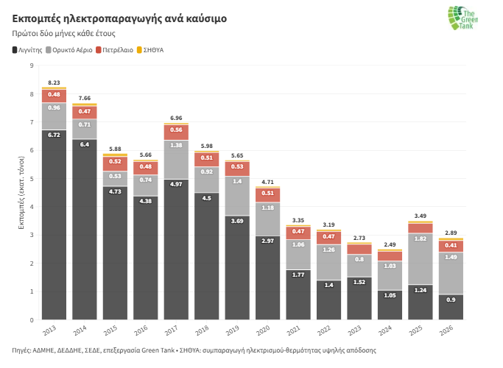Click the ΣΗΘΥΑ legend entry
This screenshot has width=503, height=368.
(x=150, y=50)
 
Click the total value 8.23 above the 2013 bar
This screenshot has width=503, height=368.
(x=54, y=82)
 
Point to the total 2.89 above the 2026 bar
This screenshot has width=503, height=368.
(x=451, y=233)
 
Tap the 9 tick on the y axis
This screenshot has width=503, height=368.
(x=32, y=66)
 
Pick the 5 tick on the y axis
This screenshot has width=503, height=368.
(x=32, y=179)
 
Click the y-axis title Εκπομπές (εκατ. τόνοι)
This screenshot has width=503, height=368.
(x=23, y=193)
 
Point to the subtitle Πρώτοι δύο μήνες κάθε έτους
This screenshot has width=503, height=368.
(x=63, y=34)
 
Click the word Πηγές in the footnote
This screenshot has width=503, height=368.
(x=22, y=350)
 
